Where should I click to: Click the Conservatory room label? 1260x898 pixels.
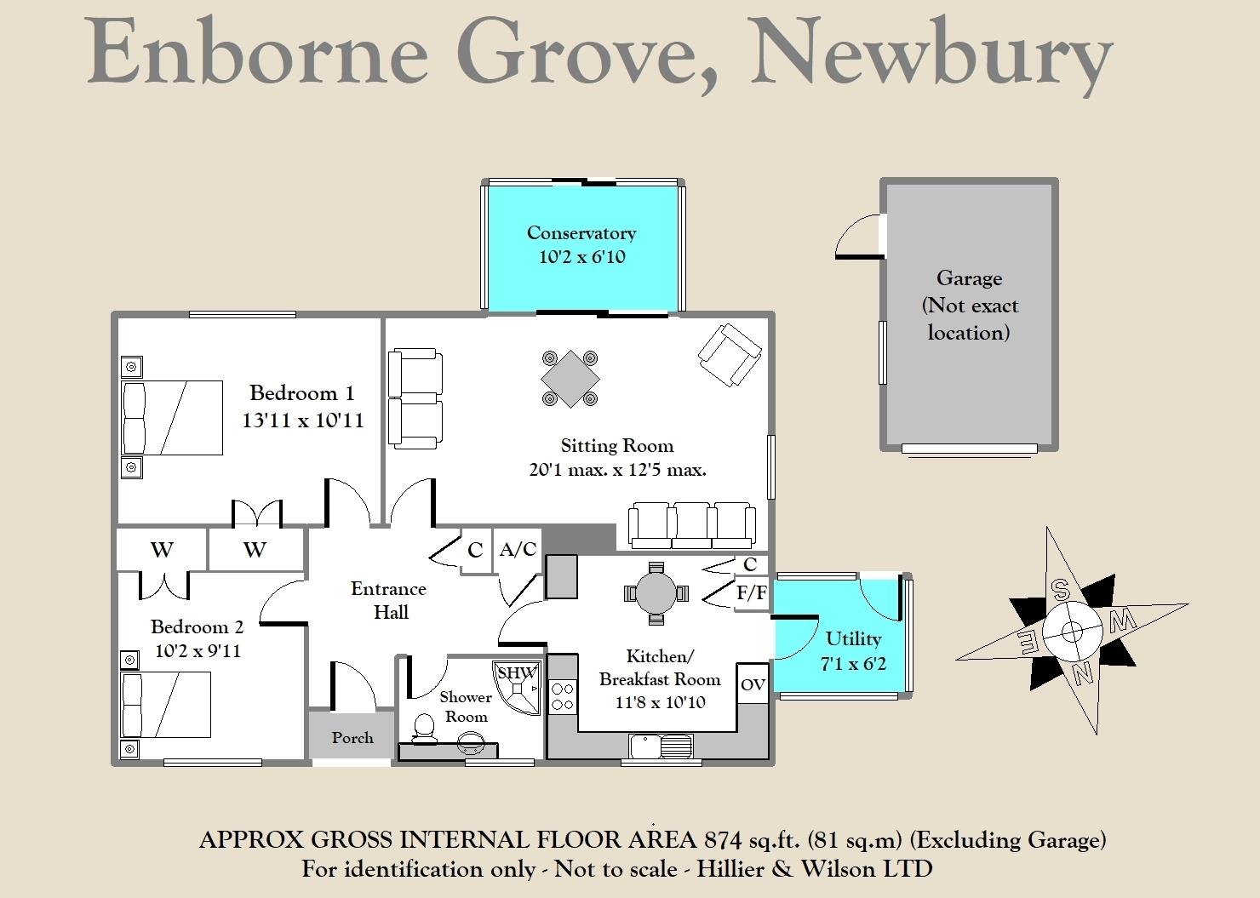(581, 233)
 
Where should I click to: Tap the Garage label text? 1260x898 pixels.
(969, 278)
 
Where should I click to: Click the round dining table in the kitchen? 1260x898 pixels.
(655, 592)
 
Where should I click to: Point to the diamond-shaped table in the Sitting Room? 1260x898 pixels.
(570, 378)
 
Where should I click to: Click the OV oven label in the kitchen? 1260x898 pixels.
(753, 684)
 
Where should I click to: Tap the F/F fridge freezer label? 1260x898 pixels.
(750, 593)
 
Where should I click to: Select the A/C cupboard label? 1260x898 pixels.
(518, 550)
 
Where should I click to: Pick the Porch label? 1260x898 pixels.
(352, 738)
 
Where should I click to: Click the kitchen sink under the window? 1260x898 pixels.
(661, 746)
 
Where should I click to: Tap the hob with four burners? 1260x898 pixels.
(561, 695)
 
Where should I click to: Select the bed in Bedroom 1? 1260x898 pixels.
(172, 418)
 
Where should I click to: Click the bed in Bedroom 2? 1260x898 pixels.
(165, 705)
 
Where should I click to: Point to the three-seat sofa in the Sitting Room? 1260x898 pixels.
(691, 525)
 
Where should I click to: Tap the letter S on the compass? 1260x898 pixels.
(1060, 588)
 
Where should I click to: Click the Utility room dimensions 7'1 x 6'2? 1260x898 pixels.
(853, 663)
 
